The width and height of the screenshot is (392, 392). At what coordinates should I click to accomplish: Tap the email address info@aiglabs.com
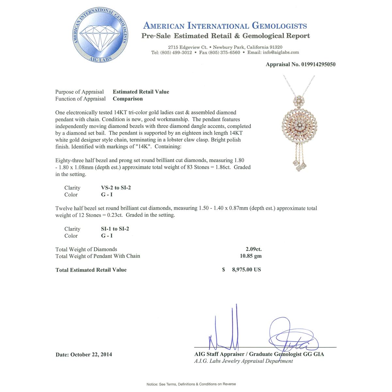[281, 52]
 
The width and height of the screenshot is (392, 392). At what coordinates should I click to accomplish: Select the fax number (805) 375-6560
[224, 52]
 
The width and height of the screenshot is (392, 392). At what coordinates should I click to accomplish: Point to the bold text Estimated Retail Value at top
[141, 92]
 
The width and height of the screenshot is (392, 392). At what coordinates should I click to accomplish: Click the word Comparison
[128, 99]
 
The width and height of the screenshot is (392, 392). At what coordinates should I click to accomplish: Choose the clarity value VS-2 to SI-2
[116, 188]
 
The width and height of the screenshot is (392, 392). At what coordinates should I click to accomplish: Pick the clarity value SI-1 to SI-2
[115, 229]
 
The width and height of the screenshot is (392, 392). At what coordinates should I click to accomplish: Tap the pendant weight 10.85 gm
[251, 256]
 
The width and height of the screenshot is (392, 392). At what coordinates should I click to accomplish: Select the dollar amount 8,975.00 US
[246, 270]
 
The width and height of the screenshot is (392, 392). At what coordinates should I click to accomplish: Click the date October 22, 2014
[91, 354]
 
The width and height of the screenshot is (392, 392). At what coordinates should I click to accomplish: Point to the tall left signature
[225, 330]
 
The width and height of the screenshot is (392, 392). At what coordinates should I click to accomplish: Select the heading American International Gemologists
[225, 26]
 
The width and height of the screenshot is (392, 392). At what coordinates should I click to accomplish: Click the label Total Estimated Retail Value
[91, 270]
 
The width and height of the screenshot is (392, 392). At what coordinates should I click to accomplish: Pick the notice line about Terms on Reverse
[191, 384]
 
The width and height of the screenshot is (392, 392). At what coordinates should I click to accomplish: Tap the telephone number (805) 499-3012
[176, 52]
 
